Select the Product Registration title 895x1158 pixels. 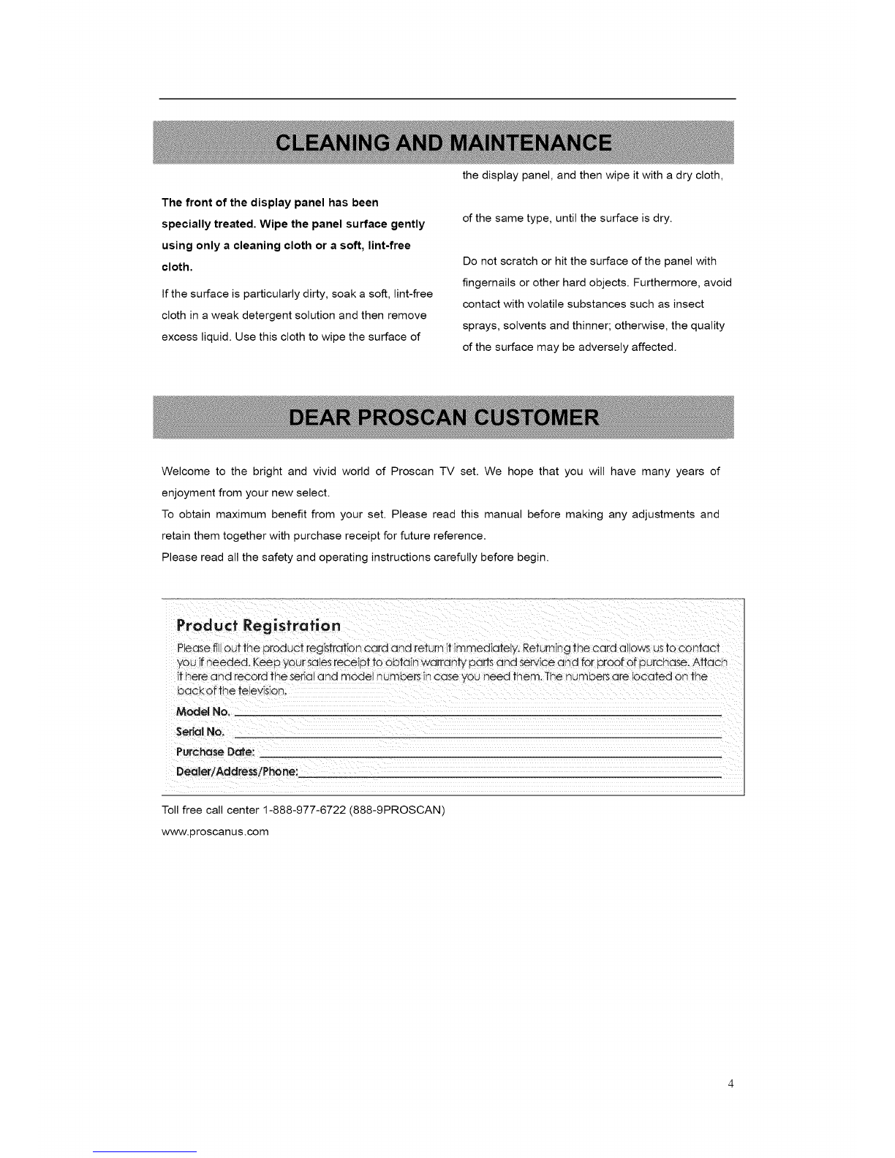(258, 626)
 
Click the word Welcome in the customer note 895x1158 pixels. (183, 472)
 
